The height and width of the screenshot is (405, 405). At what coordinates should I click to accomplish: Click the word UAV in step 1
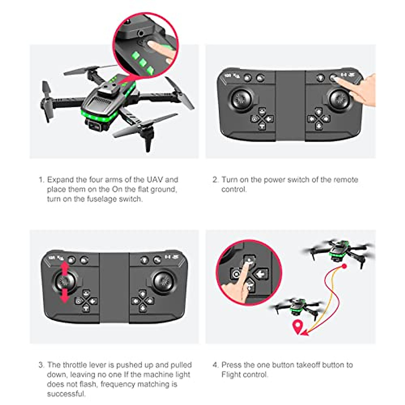(155, 180)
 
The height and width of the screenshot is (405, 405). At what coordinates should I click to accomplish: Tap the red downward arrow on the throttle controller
(65, 295)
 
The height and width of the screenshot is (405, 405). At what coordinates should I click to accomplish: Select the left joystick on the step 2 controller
(241, 99)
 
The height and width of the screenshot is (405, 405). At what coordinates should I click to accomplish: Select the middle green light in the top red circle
(143, 62)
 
